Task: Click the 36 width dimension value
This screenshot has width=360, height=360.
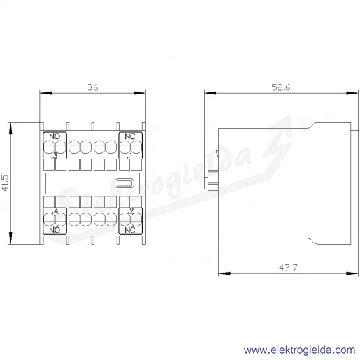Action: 92,87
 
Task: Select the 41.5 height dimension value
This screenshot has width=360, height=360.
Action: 5,183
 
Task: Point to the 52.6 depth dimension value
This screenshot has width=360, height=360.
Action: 281,87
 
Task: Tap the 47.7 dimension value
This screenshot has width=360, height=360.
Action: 288,268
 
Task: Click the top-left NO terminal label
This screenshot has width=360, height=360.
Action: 55,136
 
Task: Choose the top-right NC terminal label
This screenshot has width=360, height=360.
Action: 130,136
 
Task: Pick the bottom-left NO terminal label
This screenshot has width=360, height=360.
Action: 55,230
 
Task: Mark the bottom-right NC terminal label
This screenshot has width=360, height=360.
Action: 130,230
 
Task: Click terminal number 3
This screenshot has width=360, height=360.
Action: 55,156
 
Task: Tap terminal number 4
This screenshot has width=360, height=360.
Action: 56,211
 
